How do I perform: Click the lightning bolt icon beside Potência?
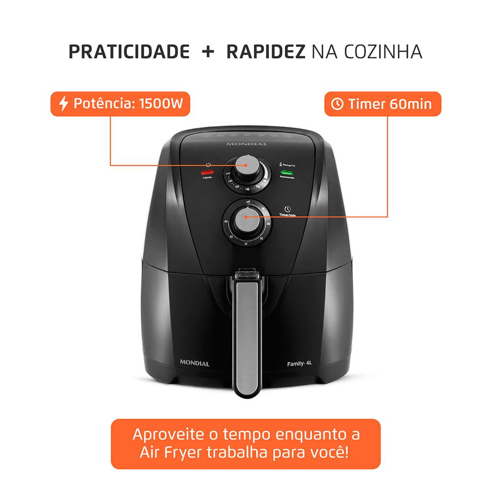63,104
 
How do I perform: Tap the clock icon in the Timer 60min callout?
338,104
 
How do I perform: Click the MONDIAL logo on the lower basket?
194,364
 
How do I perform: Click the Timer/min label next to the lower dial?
286,215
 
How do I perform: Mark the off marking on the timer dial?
243,202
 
